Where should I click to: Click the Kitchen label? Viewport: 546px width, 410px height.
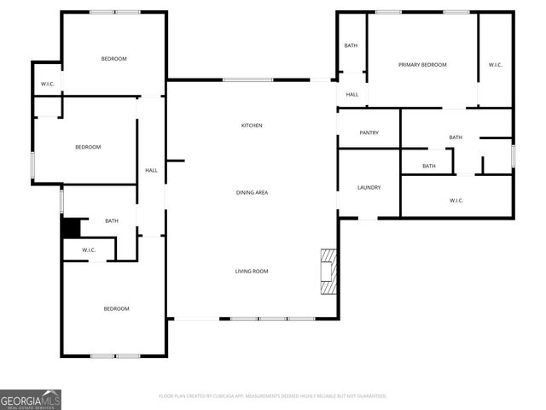pyautogui.click(x=252, y=126)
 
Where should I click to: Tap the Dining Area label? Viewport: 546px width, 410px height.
pyautogui.click(x=252, y=192)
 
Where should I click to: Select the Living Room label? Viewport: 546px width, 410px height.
pyautogui.click(x=252, y=271)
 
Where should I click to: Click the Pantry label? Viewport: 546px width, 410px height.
pyautogui.click(x=369, y=132)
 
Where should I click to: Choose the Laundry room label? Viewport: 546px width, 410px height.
pyautogui.click(x=369, y=187)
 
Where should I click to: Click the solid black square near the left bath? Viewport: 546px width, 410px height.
pyautogui.click(x=70, y=229)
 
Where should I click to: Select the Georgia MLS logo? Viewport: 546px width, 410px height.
pyautogui.click(x=31, y=399)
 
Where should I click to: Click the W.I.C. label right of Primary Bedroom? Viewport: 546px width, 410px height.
pyautogui.click(x=496, y=65)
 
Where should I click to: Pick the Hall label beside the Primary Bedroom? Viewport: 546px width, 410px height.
pyautogui.click(x=351, y=95)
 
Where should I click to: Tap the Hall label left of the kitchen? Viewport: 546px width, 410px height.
pyautogui.click(x=151, y=170)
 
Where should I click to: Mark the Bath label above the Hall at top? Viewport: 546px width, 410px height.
pyautogui.click(x=351, y=45)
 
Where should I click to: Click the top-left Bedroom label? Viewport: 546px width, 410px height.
pyautogui.click(x=113, y=58)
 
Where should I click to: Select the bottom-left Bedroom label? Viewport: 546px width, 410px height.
pyautogui.click(x=116, y=308)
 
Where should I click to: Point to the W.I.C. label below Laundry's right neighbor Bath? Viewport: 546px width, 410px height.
pyautogui.click(x=456, y=201)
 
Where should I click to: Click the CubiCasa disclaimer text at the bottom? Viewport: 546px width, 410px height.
pyautogui.click(x=273, y=395)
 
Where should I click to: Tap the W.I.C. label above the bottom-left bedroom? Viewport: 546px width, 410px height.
pyautogui.click(x=89, y=249)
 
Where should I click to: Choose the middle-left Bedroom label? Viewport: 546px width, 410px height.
pyautogui.click(x=88, y=147)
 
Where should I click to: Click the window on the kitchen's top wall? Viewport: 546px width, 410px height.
pyautogui.click(x=247, y=80)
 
